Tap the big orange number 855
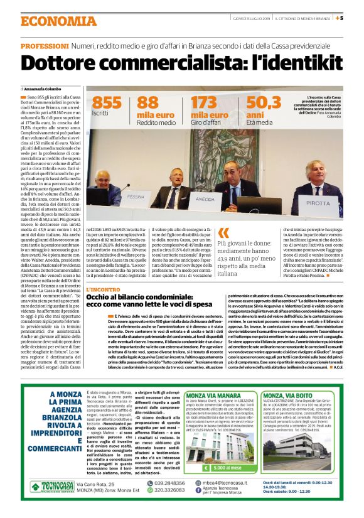(x=106, y=103)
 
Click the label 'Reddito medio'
(x=156, y=122)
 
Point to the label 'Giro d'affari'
(x=206, y=122)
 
